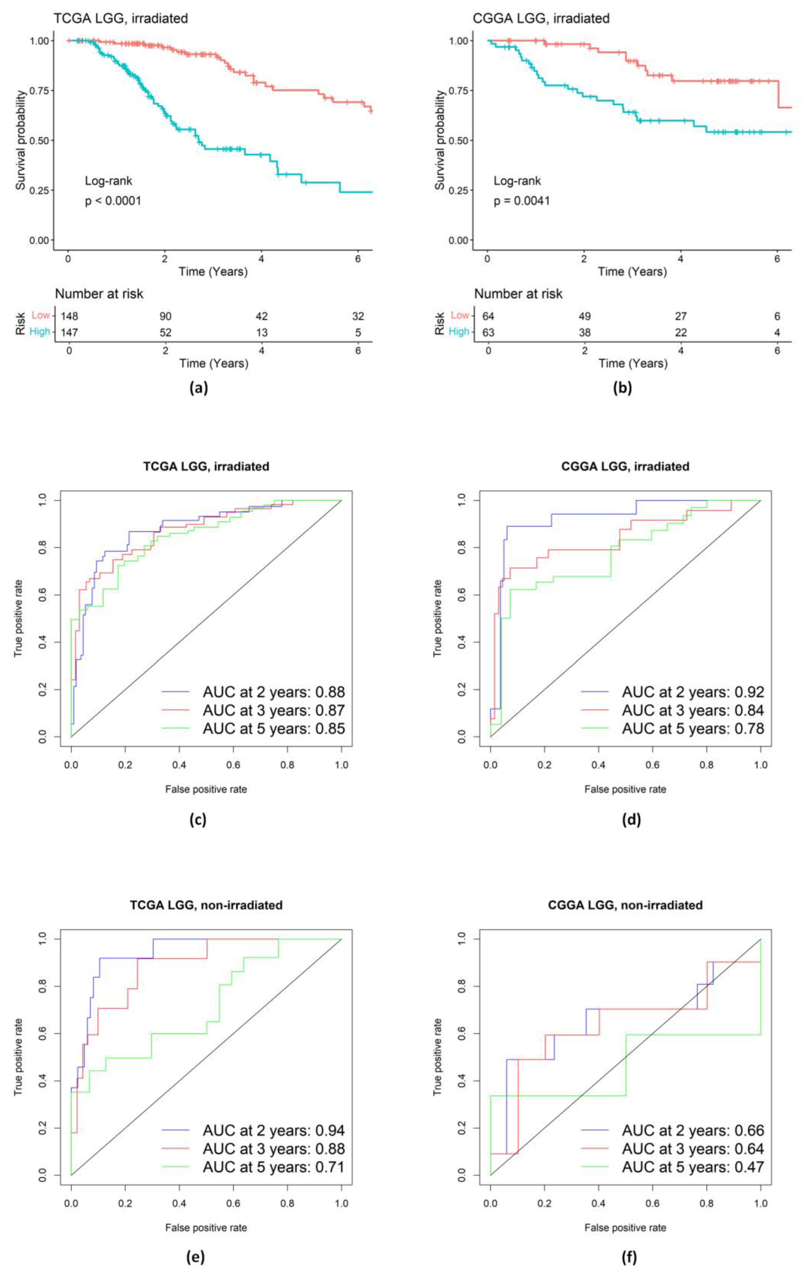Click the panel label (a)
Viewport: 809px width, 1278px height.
199,388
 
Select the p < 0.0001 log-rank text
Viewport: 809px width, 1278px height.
113,201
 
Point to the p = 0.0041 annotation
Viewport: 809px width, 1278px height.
522,201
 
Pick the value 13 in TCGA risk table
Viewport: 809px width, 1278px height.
262,333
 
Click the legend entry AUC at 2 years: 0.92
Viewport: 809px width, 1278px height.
693,692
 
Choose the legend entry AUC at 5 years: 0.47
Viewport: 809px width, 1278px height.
693,1167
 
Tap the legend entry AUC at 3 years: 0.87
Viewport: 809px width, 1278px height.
273,710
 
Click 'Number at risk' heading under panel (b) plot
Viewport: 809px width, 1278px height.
518,293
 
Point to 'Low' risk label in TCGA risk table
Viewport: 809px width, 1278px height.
40,315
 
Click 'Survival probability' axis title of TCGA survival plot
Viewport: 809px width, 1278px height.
21,140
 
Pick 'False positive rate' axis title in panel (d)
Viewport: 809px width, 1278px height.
625,789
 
